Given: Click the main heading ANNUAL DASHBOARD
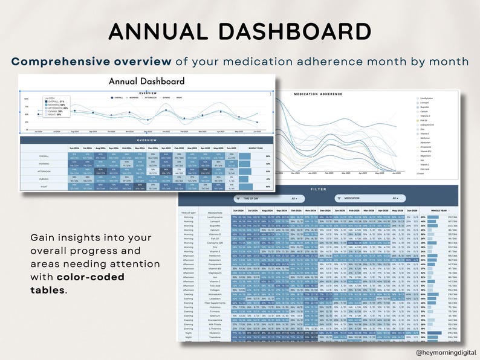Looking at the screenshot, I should (239, 31).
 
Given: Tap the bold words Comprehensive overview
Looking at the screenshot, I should (91, 62).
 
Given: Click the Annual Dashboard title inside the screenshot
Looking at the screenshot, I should (147, 82).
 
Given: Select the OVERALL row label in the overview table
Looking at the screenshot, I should (43, 156).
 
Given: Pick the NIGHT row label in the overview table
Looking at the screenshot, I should (43, 187).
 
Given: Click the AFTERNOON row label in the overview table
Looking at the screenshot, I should (43, 172).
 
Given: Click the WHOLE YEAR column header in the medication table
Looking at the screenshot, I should (438, 211).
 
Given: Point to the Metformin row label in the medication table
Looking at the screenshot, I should (215, 256).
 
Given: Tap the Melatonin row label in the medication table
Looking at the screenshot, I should (215, 332).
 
